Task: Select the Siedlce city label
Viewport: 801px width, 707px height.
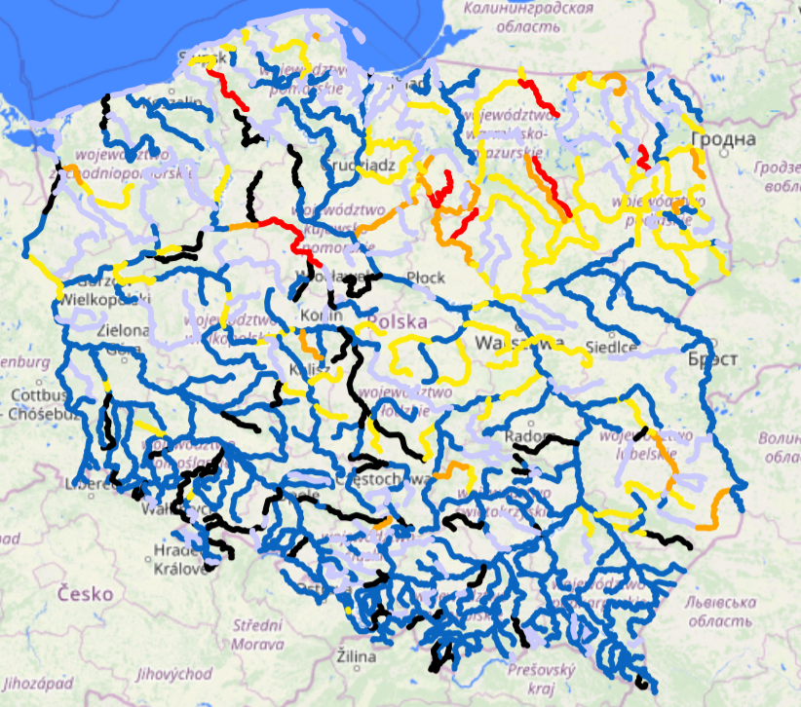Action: click(613, 347)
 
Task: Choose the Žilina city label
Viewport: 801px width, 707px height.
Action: click(356, 657)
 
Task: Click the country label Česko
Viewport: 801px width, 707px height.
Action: click(85, 593)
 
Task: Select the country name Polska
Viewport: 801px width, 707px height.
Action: click(397, 320)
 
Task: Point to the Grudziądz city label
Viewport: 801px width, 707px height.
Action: click(357, 166)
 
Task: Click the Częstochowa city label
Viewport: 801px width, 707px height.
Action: click(381, 480)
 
